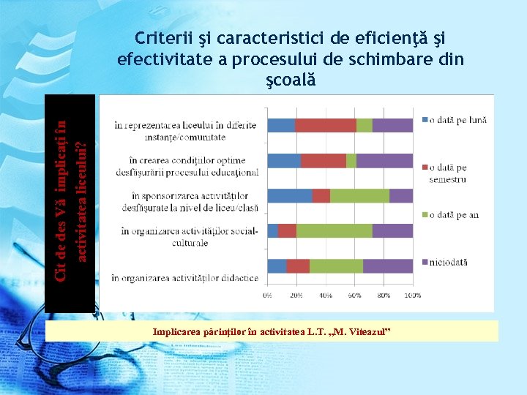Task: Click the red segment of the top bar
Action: coord(326,125)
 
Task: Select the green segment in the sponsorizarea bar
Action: coord(359,195)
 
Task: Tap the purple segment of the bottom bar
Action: coord(388,266)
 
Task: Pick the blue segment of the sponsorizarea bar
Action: coord(290,195)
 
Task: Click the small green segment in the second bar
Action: coord(351,160)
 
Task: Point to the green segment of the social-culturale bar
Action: coord(334,231)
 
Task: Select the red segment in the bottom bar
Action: coord(298,266)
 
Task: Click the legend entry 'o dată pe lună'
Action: coord(457,120)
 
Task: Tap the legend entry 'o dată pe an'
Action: coord(454,214)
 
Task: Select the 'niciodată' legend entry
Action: coord(448,262)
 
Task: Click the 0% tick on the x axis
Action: coord(268,296)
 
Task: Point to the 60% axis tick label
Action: coord(354,296)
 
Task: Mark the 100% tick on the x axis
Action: coord(412,296)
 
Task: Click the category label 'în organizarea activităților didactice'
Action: coord(184,278)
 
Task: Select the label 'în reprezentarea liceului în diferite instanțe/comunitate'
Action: coord(185,131)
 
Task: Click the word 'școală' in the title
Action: coord(291,79)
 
